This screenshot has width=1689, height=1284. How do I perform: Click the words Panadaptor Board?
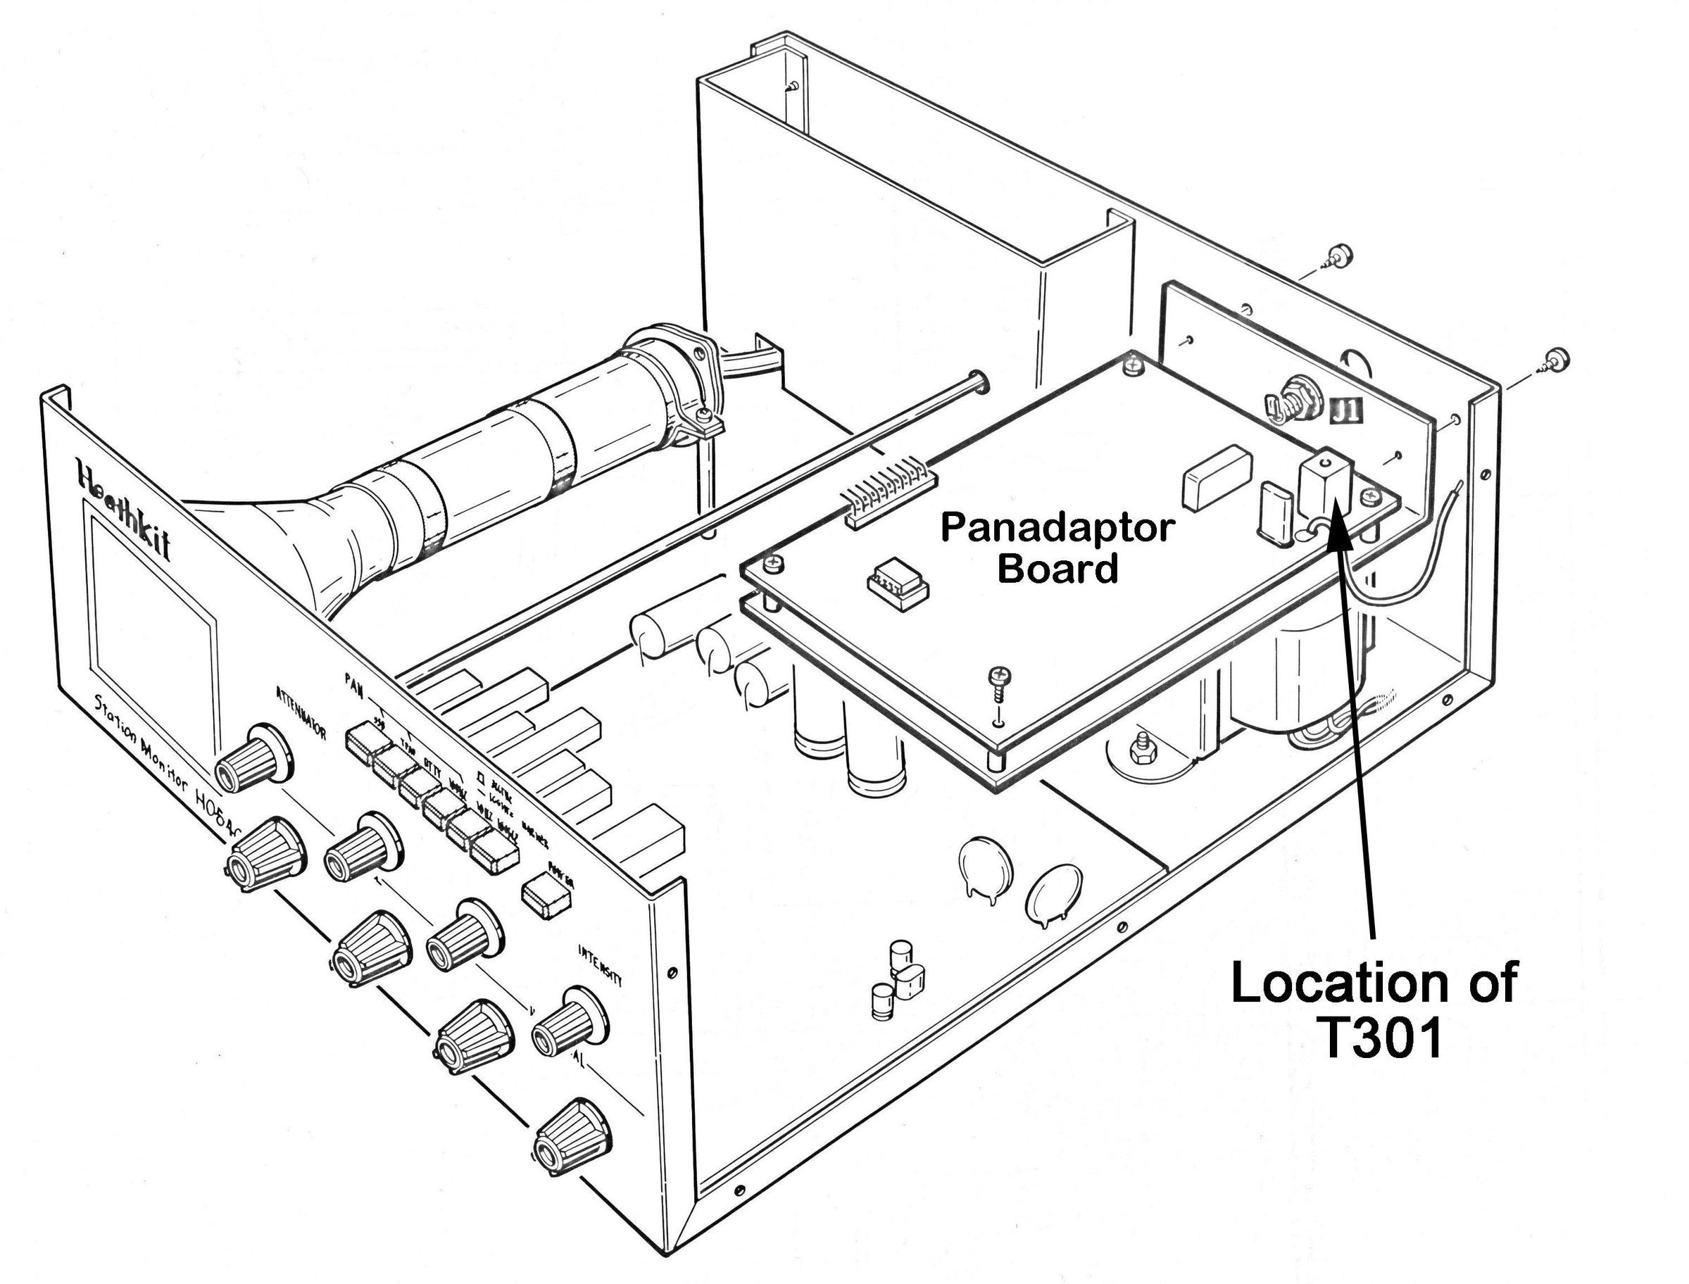pos(1055,549)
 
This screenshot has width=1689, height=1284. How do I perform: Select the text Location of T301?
pos(1374,1010)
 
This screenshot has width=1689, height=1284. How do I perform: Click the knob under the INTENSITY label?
pos(569,1020)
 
